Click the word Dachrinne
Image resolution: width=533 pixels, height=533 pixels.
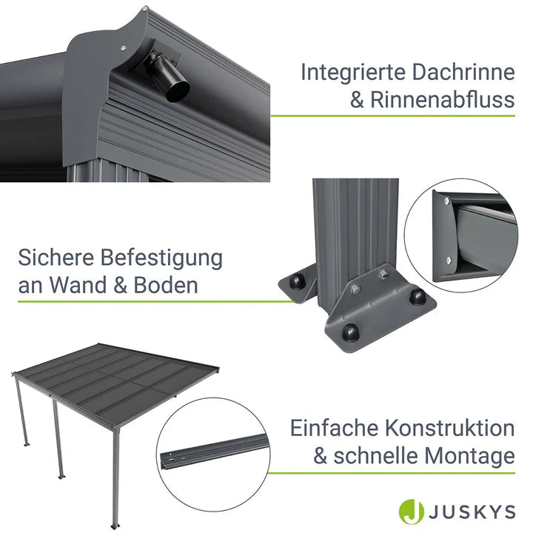(x=463, y=73)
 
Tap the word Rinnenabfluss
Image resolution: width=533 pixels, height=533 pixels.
(x=443, y=100)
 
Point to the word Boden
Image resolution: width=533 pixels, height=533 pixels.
(x=166, y=285)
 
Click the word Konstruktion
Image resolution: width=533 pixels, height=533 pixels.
(x=450, y=429)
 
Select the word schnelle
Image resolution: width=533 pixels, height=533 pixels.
(x=375, y=456)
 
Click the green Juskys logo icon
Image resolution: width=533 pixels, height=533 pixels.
(x=412, y=512)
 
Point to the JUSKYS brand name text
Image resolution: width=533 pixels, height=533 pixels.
(x=472, y=512)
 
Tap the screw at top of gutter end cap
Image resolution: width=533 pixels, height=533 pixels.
(x=144, y=9)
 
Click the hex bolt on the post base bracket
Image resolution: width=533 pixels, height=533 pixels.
(x=354, y=289)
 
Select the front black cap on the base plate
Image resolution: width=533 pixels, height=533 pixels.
(x=350, y=332)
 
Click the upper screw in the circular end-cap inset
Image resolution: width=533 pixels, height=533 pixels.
(x=446, y=201)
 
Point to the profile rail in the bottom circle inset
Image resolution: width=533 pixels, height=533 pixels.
(x=214, y=451)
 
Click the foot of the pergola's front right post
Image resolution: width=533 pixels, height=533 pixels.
(x=115, y=526)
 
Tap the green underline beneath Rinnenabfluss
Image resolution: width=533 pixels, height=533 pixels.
(x=392, y=116)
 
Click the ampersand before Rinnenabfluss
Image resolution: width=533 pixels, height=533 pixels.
(x=357, y=100)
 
